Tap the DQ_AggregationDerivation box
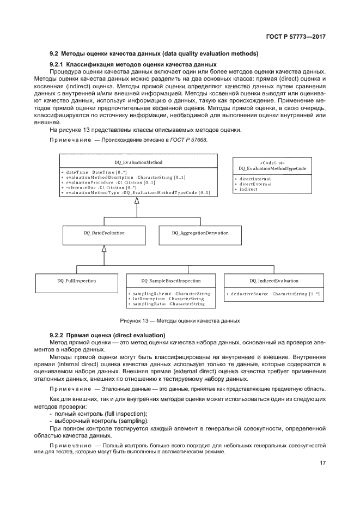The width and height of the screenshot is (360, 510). click(x=200, y=233)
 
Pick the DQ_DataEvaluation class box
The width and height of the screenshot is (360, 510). click(x=104, y=233)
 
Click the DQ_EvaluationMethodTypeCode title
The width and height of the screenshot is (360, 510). click(x=272, y=169)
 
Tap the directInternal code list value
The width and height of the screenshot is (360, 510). click(x=255, y=179)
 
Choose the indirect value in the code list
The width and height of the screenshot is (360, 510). click(x=249, y=189)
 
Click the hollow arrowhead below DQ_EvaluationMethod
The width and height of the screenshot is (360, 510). click(x=137, y=200)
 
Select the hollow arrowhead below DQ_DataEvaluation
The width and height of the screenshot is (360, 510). click(x=104, y=248)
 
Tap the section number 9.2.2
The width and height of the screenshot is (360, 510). click(x=57, y=335)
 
